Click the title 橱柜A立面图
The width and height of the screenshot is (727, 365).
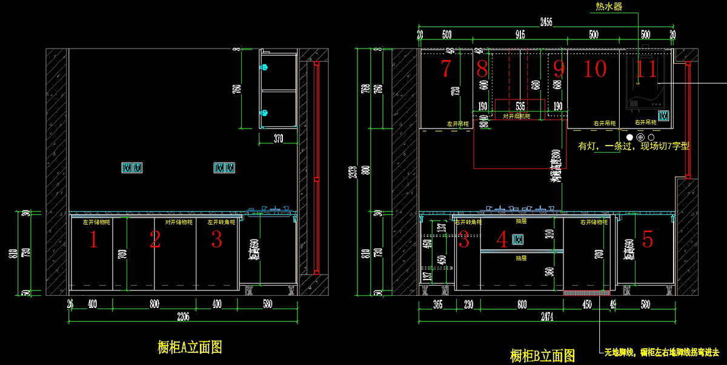point(189,347)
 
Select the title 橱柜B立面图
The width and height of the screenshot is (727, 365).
point(542,355)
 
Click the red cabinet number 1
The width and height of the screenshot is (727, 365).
point(93,240)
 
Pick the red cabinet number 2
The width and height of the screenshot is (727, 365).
point(154,240)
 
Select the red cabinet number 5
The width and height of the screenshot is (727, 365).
point(648,240)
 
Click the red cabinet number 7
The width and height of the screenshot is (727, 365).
point(446,69)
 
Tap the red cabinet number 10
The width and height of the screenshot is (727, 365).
point(594,69)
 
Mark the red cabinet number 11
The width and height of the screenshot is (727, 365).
point(647,69)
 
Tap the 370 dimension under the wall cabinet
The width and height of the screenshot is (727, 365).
point(278,139)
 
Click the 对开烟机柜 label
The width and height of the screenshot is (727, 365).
point(517,116)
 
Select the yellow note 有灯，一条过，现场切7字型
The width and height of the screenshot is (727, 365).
point(634,146)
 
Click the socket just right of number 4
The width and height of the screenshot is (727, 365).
point(519,240)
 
